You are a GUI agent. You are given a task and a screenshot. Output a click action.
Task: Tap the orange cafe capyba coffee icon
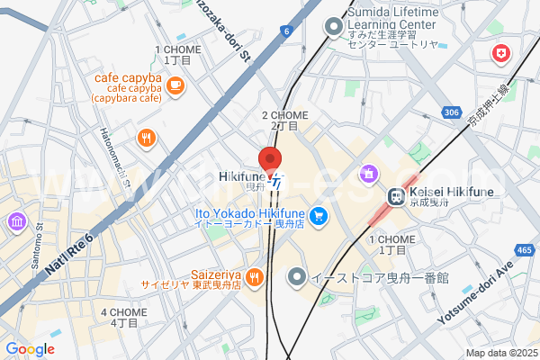pos(174,85)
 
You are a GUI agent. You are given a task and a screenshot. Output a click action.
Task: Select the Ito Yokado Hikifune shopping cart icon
pos(317,215)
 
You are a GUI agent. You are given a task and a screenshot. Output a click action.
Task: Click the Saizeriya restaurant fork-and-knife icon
pos(255,277)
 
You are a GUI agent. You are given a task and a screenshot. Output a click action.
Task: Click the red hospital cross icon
pos(499,56)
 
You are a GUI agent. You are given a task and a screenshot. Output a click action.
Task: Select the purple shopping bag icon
pos(367,172)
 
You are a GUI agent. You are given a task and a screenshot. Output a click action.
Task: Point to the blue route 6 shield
pos(286,31)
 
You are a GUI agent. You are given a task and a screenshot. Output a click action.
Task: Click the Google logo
pos(30,349)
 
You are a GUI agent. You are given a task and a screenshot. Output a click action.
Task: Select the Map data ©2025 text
pos(500,352)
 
